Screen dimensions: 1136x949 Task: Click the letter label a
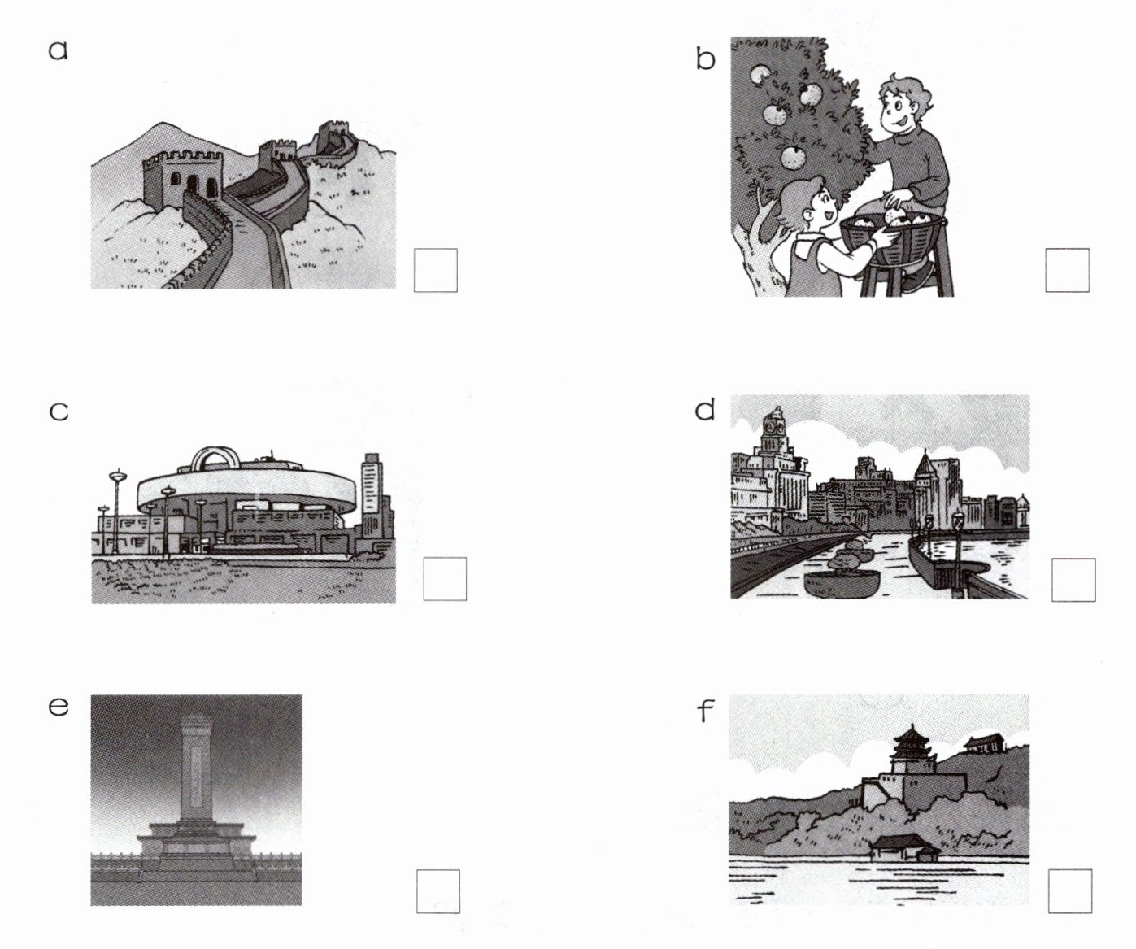[59, 50]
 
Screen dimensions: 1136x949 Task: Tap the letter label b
[705, 59]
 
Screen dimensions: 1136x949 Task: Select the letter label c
[59, 411]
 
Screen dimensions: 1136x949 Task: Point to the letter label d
[705, 409]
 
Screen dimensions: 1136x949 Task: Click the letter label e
[59, 707]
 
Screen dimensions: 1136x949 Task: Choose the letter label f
[705, 710]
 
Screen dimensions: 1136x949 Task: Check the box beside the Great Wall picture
[436, 271]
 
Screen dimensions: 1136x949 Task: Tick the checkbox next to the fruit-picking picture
[1068, 271]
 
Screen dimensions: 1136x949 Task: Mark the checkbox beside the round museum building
[445, 579]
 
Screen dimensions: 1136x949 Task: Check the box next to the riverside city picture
[1073, 580]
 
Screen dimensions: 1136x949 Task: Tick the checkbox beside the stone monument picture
[438, 891]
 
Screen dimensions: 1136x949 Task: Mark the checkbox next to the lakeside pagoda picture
[1070, 890]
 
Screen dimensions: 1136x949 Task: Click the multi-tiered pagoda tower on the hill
[912, 751]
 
